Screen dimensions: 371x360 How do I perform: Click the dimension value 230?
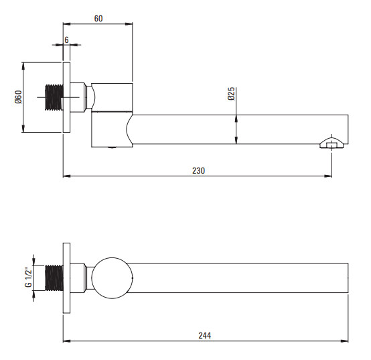pos(198,170)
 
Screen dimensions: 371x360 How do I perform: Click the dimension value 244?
pos(205,336)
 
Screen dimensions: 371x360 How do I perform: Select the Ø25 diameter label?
pos(232,94)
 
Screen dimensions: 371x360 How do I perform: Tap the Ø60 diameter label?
pos(18,97)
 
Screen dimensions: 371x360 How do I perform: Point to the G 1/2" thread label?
pos(28,278)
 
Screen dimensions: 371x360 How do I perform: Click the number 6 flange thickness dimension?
pos(66,40)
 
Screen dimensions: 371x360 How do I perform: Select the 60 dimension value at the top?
pos(98,19)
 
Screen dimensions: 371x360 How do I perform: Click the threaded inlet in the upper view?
pos(54,97)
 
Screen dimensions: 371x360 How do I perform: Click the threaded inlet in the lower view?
pos(54,278)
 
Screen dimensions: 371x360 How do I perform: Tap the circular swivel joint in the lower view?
pos(112,278)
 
